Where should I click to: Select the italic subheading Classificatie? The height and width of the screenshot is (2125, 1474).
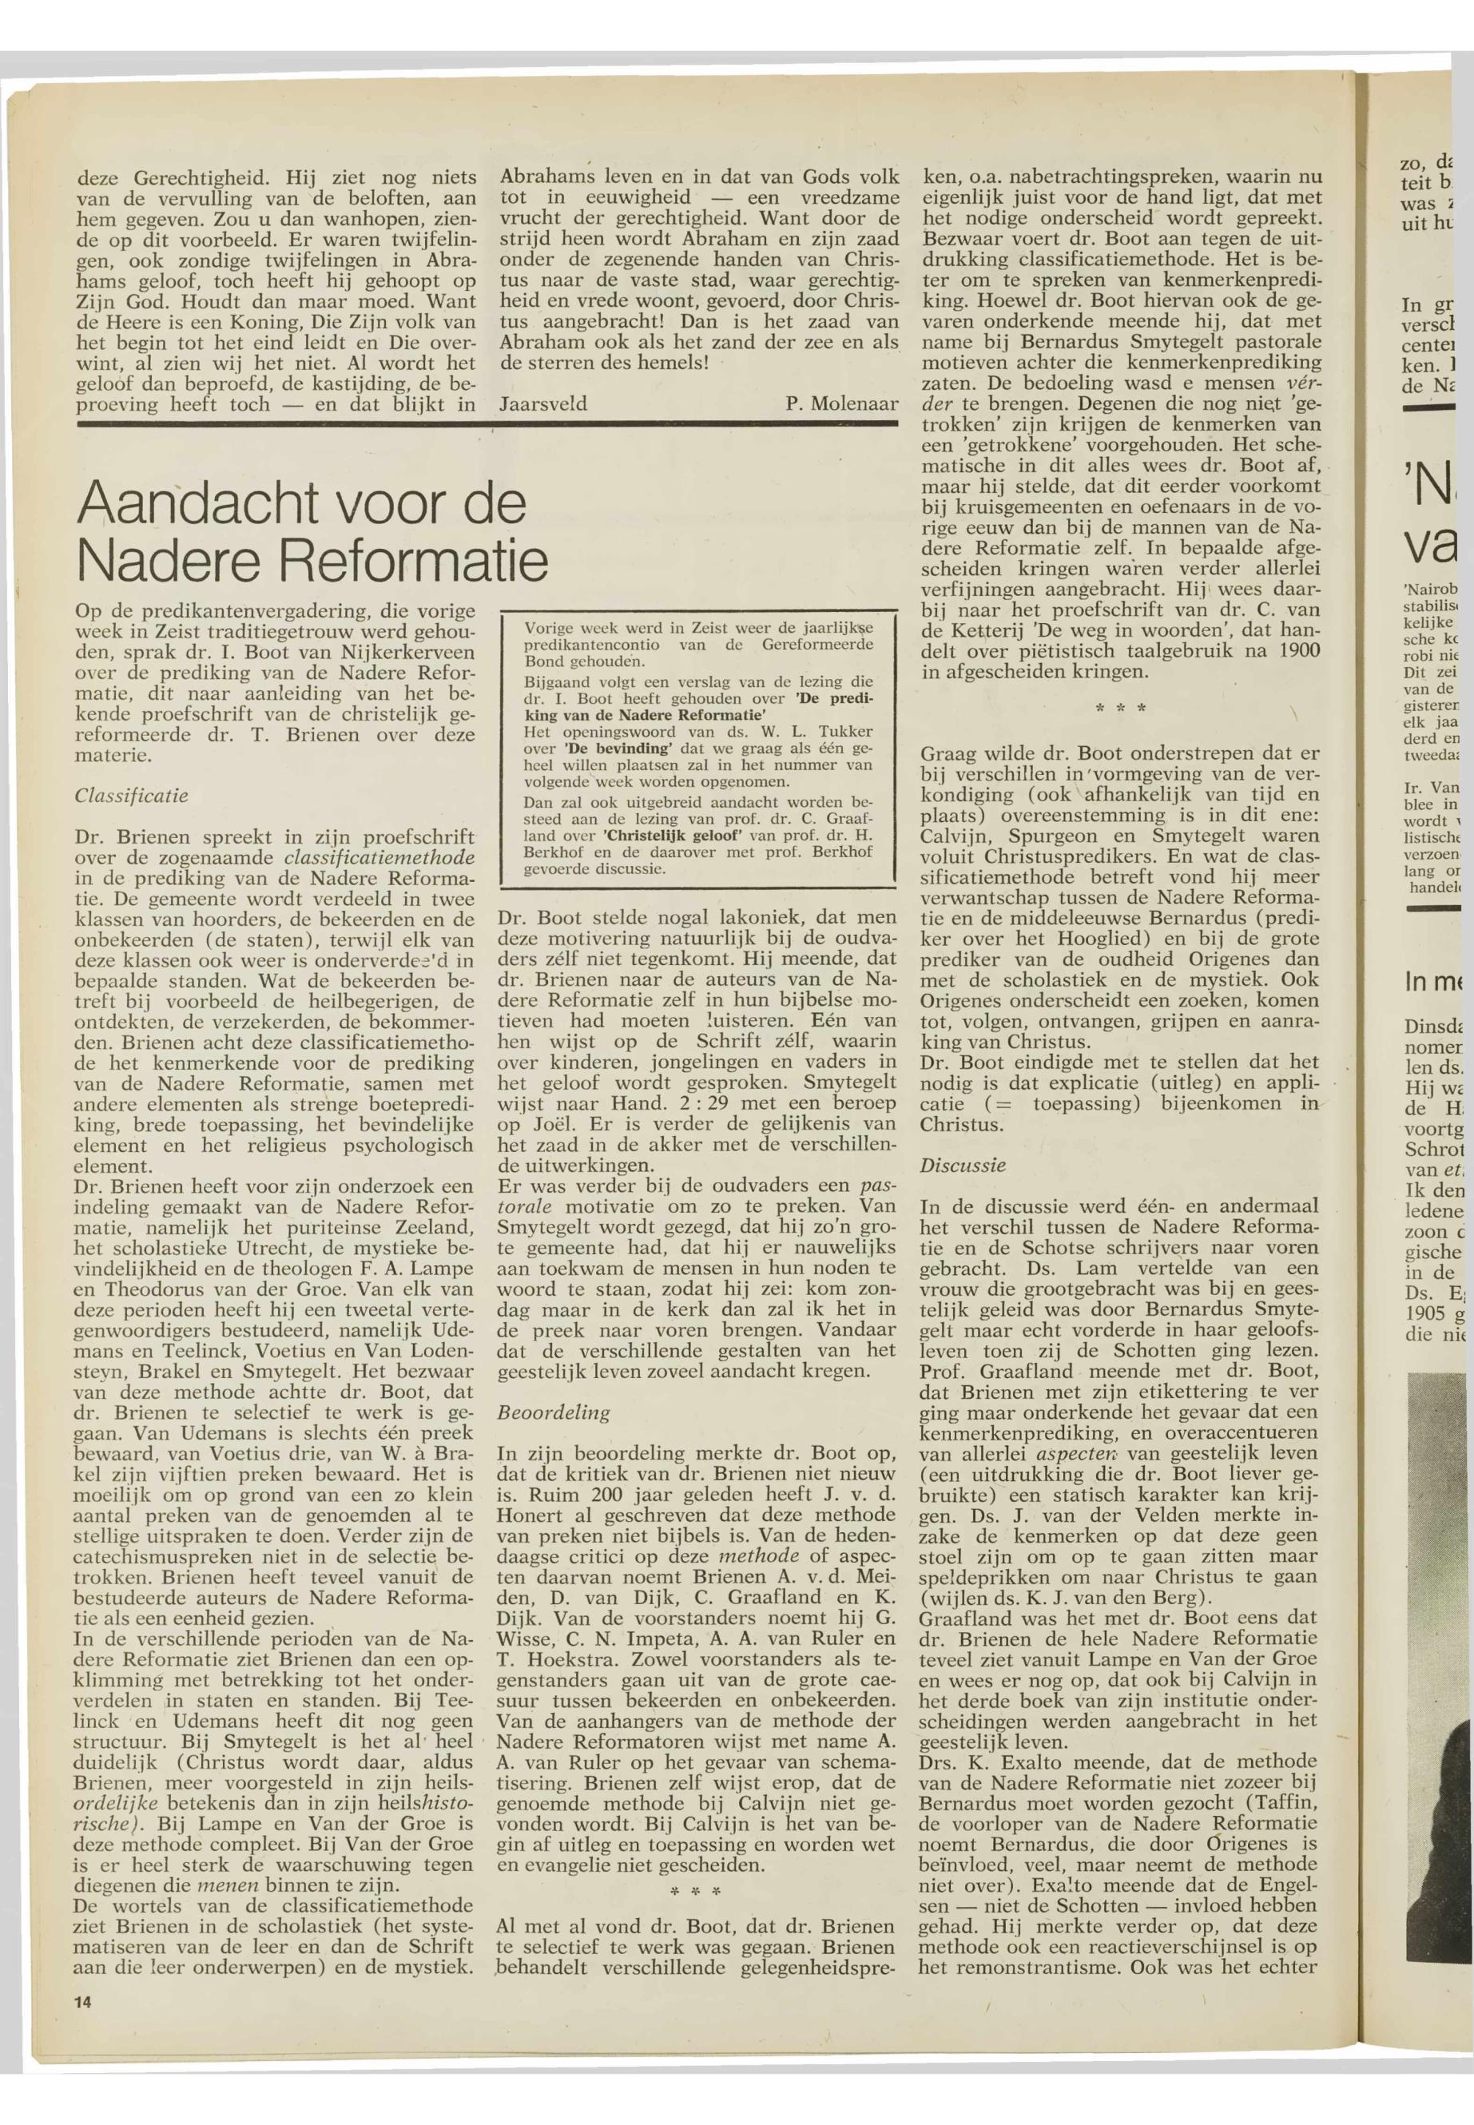131,795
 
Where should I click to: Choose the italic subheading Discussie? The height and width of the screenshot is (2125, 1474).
963,1166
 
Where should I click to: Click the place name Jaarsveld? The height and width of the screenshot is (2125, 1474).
543,403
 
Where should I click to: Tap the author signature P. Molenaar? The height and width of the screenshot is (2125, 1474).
841,403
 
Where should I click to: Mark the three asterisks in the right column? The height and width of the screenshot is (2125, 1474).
1119,709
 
